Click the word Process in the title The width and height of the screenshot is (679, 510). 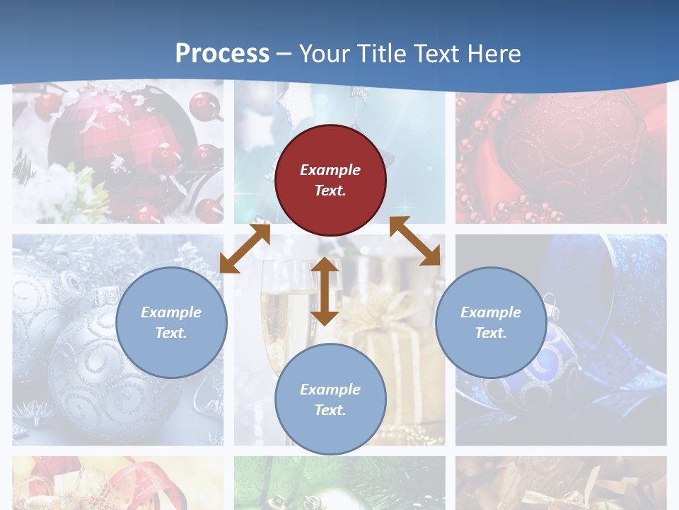pyautogui.click(x=222, y=54)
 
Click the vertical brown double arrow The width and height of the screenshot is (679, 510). pyautogui.click(x=325, y=291)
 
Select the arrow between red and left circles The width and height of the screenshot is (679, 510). pyautogui.click(x=245, y=248)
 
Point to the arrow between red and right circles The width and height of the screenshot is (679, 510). pyautogui.click(x=415, y=242)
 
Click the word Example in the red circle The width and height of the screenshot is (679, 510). pyautogui.click(x=330, y=170)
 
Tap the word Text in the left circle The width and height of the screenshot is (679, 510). pyautogui.click(x=171, y=333)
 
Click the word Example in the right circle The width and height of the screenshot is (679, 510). pyautogui.click(x=491, y=312)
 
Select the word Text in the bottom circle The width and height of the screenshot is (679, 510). pyautogui.click(x=330, y=410)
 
